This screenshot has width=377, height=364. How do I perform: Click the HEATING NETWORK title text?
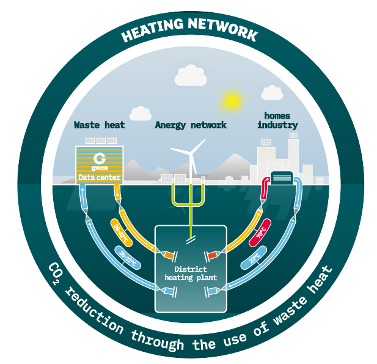(189, 32)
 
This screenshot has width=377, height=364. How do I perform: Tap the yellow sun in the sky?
(232, 100)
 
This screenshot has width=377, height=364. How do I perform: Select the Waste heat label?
(99, 125)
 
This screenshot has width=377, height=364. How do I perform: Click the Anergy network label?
(191, 125)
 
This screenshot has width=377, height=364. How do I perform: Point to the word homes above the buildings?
(277, 115)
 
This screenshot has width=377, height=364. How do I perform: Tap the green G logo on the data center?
(99, 156)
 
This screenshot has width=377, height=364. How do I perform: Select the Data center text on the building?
(99, 178)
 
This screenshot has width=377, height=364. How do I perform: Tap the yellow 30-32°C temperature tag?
(120, 231)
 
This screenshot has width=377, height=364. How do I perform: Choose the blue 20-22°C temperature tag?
(127, 257)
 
